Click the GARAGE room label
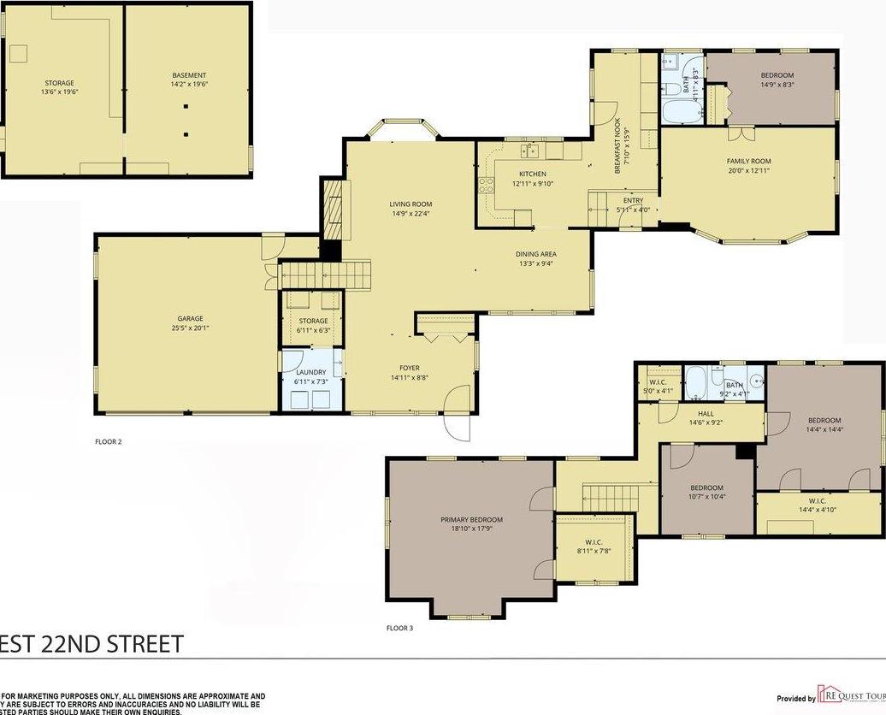point(190,318)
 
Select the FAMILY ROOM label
point(748,161)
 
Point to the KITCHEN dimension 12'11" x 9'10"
point(532,183)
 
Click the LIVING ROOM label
point(411,204)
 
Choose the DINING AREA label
point(536,254)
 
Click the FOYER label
point(410,368)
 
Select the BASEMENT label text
point(189,75)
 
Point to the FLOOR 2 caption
point(109,442)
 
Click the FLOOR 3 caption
point(399,628)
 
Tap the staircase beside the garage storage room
point(328,276)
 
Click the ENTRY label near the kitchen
point(633,200)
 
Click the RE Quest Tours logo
point(850,694)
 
